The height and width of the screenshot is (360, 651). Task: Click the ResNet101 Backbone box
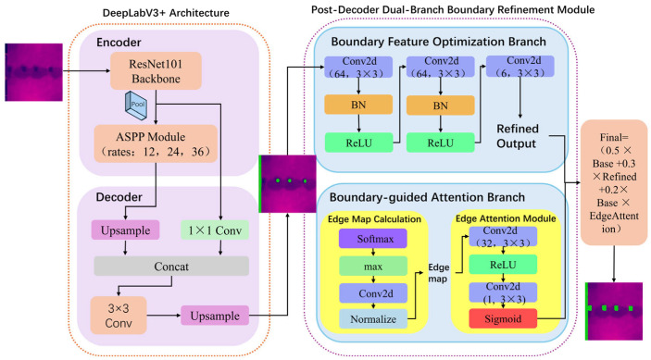(156, 71)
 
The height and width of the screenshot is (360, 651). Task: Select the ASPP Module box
(156, 144)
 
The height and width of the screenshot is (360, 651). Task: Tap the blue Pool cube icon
(136, 106)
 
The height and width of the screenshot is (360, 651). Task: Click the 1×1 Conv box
(215, 230)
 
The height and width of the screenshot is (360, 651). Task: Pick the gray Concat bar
(171, 267)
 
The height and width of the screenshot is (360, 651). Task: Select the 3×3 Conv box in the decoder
(119, 316)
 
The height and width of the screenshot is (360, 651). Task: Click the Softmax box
(373, 239)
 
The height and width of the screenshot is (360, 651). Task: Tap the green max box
(373, 267)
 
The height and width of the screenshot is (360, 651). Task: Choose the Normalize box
(373, 319)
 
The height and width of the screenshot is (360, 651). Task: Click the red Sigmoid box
(503, 319)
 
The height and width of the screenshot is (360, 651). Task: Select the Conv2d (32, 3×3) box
(503, 236)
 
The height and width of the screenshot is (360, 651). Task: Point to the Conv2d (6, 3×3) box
(520, 67)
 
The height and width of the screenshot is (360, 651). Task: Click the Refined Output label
(518, 136)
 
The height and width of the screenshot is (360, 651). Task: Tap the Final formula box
(614, 182)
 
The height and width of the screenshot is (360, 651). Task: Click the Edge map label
(438, 273)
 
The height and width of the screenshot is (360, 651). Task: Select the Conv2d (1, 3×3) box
(503, 292)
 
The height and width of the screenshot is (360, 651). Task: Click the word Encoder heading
(119, 43)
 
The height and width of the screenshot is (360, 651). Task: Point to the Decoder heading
(119, 196)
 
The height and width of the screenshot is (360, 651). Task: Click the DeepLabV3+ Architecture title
(166, 13)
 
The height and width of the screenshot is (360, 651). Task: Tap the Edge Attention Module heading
(506, 218)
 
